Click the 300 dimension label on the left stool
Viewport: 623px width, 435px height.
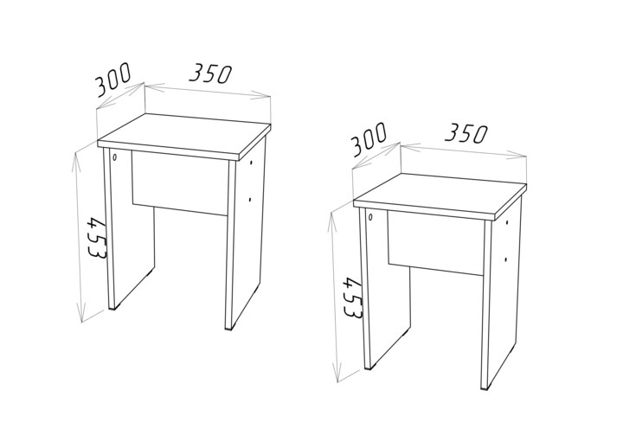click(x=112, y=80)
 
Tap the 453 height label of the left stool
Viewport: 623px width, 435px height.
click(x=97, y=238)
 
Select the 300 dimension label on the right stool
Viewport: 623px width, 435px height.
click(x=369, y=139)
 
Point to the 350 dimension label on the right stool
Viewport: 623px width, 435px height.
click(x=466, y=133)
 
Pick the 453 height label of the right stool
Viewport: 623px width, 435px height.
click(x=353, y=297)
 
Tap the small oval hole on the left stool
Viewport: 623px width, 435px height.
click(x=115, y=157)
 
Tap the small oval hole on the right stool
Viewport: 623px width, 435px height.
click(x=370, y=216)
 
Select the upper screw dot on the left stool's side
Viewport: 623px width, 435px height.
click(x=251, y=163)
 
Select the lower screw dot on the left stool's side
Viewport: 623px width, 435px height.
click(x=249, y=200)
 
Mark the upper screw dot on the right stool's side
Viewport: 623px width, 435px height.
click(x=507, y=222)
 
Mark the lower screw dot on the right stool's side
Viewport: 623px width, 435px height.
click(x=505, y=259)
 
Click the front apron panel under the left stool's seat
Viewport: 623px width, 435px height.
click(x=179, y=183)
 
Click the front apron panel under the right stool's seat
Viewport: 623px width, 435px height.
click(x=436, y=243)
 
